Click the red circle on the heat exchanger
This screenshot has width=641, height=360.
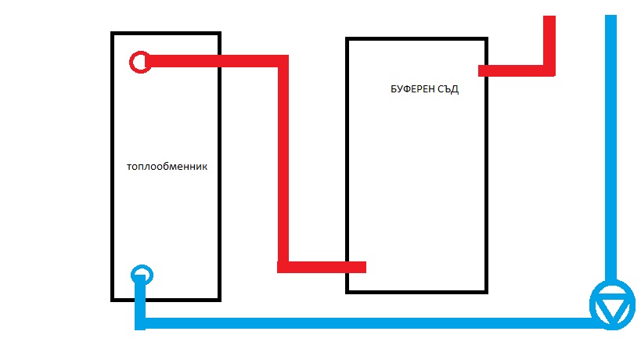tap(139, 62)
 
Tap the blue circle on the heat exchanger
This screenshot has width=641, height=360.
tap(142, 275)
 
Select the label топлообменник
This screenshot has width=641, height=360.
tap(167, 167)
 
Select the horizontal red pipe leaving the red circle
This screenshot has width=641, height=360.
tap(211, 61)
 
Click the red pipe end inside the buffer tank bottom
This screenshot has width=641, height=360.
tap(357, 267)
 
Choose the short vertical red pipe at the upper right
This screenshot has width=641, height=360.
tap(549, 39)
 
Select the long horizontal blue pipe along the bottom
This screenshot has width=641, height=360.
tap(368, 322)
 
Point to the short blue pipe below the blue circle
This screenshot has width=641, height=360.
tap(140, 301)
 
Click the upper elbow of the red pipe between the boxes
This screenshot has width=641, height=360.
tap(283, 61)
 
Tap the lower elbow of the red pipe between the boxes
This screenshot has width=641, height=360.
tap(283, 267)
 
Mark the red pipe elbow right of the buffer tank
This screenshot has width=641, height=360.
tap(549, 70)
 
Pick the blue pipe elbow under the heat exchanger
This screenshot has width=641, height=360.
tap(140, 322)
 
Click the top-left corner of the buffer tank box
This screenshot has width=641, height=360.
tap(347, 39)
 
